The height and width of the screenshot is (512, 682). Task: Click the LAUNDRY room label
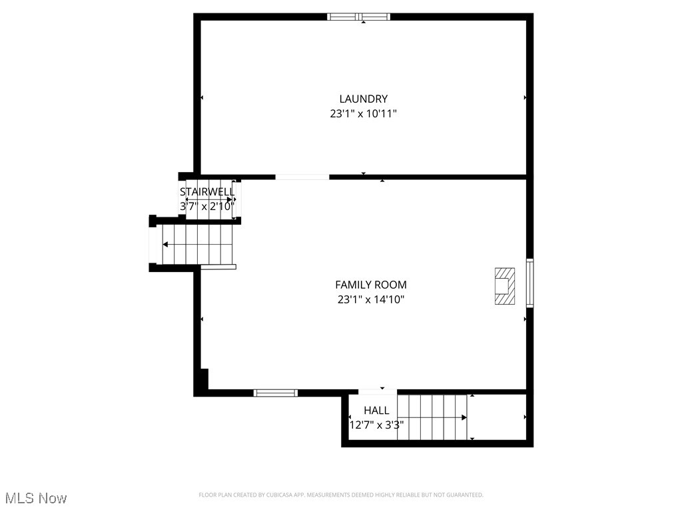363,99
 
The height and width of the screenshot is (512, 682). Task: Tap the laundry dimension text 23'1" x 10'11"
363,114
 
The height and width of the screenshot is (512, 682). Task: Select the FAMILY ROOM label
370,285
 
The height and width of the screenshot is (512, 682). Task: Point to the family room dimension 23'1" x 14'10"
370,300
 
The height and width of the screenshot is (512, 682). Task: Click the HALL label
376,411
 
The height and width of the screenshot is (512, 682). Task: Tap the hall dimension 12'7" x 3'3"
376,425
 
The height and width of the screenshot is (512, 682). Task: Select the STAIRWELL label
207,192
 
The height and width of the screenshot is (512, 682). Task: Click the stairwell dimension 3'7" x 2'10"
207,207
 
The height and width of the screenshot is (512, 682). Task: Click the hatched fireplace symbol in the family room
504,286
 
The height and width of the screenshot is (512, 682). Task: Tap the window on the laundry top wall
359,17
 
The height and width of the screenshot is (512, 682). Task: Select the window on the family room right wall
529,283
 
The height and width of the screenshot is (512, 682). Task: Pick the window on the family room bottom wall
276,393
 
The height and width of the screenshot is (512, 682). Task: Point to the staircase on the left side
196,244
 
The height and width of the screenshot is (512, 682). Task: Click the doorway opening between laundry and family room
302,177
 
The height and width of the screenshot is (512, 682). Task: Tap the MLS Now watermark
36,498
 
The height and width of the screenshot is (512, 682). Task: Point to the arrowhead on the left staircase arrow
165,245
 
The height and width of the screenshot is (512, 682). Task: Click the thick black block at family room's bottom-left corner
202,381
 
